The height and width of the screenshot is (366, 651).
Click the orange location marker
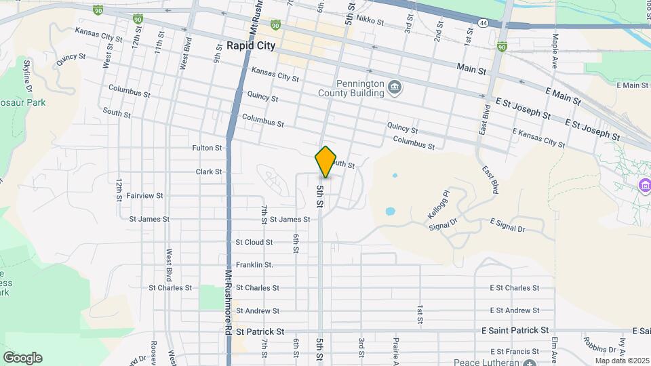325,161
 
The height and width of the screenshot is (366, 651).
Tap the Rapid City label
251,46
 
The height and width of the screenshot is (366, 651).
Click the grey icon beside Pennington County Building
395,87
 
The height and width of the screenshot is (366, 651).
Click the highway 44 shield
482,22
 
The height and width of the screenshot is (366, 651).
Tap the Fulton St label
207,148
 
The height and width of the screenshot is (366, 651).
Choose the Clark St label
209,172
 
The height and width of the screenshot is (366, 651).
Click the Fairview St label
144,196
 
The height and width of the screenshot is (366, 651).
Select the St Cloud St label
254,242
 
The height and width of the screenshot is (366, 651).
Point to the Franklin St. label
254,265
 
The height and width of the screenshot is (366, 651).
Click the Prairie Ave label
395,350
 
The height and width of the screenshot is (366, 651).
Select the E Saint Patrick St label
515,330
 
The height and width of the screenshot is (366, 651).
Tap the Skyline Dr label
28,75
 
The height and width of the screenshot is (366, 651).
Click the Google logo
22,357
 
